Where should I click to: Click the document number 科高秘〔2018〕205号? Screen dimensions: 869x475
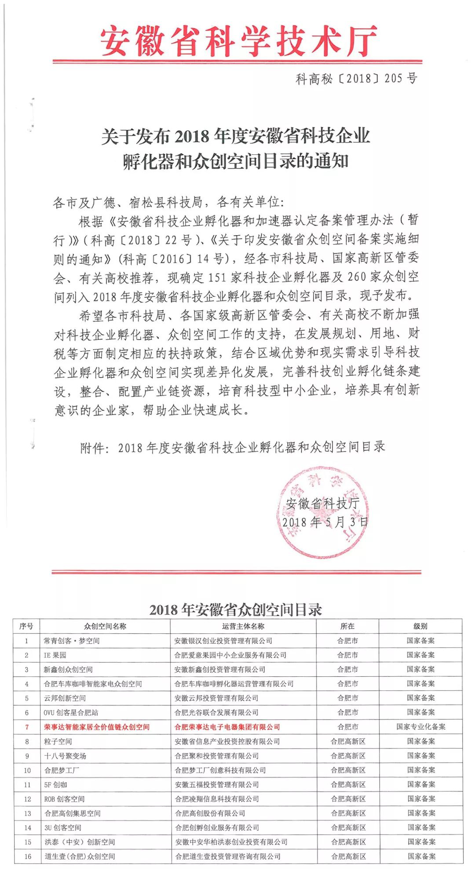(356, 79)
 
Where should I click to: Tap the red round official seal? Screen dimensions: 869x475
(323, 512)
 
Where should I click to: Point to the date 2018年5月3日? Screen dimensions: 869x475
(325, 522)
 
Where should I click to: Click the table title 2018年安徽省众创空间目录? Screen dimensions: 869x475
(236, 610)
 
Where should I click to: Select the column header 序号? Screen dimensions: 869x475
(26, 626)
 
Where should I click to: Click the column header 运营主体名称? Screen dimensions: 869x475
(243, 626)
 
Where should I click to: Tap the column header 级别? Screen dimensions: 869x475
(420, 626)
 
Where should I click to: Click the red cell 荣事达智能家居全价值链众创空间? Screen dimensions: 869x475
(97, 727)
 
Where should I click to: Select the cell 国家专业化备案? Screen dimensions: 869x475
(420, 727)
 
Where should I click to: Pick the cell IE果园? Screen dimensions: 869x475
(55, 655)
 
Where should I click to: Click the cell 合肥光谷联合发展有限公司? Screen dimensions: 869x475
(216, 712)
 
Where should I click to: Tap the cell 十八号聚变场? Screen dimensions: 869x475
(66, 756)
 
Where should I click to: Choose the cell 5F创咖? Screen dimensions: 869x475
(56, 785)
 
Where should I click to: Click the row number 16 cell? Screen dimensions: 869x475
(27, 856)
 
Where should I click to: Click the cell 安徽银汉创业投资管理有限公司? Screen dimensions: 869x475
(223, 641)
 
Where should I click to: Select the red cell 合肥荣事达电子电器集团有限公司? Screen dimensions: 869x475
(227, 727)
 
